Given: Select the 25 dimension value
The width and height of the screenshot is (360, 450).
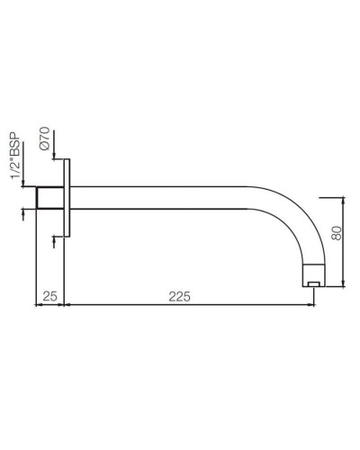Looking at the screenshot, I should pyautogui.click(x=50, y=295).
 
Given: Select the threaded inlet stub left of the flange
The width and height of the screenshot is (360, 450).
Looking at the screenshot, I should pyautogui.click(x=49, y=198).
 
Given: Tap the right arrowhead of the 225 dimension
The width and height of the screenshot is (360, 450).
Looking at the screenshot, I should pyautogui.click(x=316, y=304).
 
